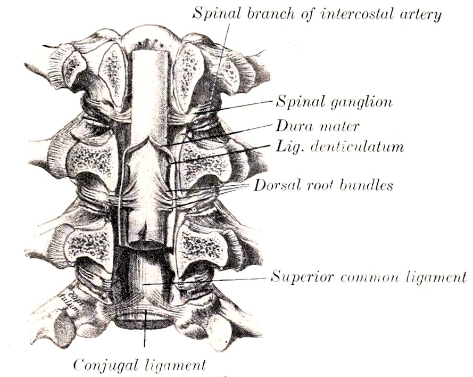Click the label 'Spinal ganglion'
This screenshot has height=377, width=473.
click(x=334, y=102)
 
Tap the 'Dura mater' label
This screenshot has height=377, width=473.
click(x=317, y=126)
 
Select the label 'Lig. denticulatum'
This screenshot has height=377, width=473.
click(x=339, y=146)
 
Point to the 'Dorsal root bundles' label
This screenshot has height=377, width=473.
click(x=323, y=185)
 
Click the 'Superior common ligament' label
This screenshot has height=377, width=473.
click(x=368, y=277)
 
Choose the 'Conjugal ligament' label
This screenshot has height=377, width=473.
click(x=140, y=365)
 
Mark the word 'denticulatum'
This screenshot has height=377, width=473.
click(x=357, y=146)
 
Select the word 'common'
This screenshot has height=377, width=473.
click(x=370, y=277)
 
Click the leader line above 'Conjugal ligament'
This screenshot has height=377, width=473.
click(x=145, y=329)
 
